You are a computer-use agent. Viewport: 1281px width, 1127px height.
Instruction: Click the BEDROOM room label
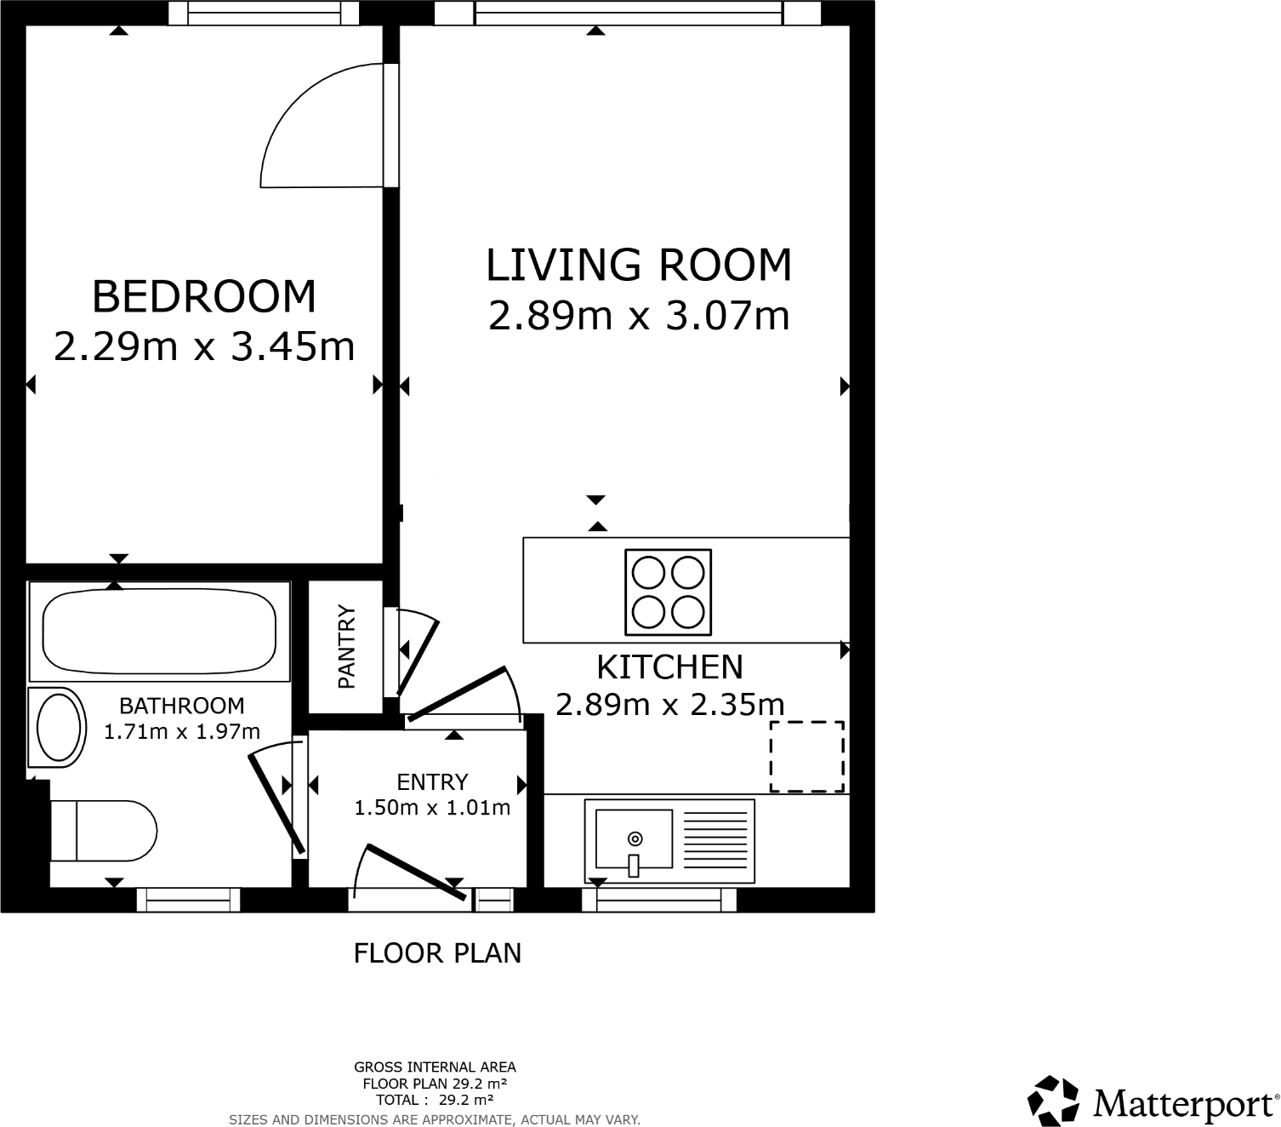203,296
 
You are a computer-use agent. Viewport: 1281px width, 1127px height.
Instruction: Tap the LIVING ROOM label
638,265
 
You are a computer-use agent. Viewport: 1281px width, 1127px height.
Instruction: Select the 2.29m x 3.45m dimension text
203,346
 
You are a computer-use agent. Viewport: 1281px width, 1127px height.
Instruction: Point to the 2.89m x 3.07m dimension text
638,316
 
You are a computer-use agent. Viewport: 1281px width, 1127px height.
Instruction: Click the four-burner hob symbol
668,592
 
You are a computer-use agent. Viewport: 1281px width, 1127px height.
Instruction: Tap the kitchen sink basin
634,838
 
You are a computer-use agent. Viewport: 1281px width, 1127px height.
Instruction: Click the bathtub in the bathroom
159,631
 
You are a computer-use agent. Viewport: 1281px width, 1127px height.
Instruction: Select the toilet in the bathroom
102,831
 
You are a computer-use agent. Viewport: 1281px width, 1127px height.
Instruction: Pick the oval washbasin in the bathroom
59,727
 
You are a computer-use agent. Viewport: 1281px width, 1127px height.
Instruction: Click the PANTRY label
345,646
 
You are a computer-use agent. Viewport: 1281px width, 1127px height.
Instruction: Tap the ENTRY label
432,781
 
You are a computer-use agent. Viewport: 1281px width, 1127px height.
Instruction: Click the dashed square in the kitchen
807,756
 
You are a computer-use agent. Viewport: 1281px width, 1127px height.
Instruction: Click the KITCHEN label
669,667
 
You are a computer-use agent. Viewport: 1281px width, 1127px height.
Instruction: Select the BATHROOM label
181,706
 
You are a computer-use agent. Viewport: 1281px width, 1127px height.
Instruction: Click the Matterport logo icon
1054,1100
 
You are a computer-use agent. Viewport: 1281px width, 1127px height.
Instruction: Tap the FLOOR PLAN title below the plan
437,953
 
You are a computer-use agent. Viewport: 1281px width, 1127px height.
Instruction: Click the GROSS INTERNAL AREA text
435,1067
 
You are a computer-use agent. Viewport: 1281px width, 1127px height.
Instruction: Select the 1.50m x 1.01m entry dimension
432,807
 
